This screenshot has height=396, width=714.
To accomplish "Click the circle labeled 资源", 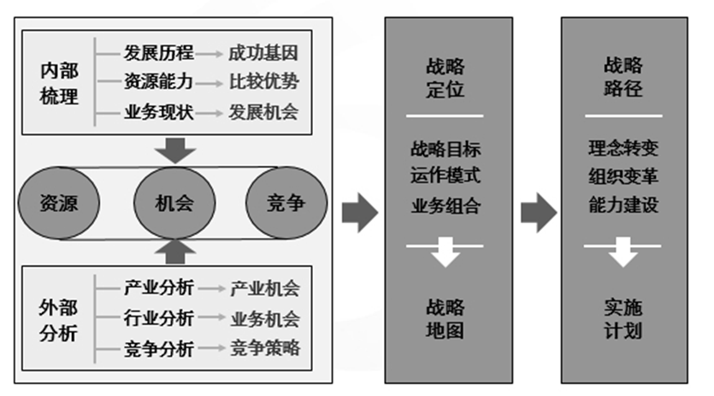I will pos(58,203).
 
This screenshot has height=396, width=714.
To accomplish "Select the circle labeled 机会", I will pos(174,203).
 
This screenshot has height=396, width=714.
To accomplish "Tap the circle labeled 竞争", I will pos(286,203).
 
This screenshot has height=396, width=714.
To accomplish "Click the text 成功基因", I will pos(263,53).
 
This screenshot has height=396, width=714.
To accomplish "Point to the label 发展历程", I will pos(159,53).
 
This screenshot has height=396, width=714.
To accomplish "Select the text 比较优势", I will pos(263,82).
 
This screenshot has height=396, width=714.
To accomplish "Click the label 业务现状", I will pos(159,112).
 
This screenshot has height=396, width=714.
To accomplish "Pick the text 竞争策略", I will pos(265,348).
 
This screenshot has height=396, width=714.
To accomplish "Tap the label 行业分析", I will pos(159,319).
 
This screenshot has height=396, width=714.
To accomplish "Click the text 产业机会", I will pos(265,289).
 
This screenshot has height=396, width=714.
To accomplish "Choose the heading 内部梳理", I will pos(59,83).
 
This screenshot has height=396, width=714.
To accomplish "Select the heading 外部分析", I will pos(59,320).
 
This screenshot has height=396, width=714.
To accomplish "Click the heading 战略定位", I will pos(445,77).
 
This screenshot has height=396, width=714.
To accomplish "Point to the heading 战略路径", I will pos(623,77).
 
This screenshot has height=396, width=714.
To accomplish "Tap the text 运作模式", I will pos(445,177).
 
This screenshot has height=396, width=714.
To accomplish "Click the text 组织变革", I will pos(623,177).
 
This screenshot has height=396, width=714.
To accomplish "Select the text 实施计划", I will pos(623,318).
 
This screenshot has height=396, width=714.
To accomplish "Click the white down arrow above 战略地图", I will pos(446,254).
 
